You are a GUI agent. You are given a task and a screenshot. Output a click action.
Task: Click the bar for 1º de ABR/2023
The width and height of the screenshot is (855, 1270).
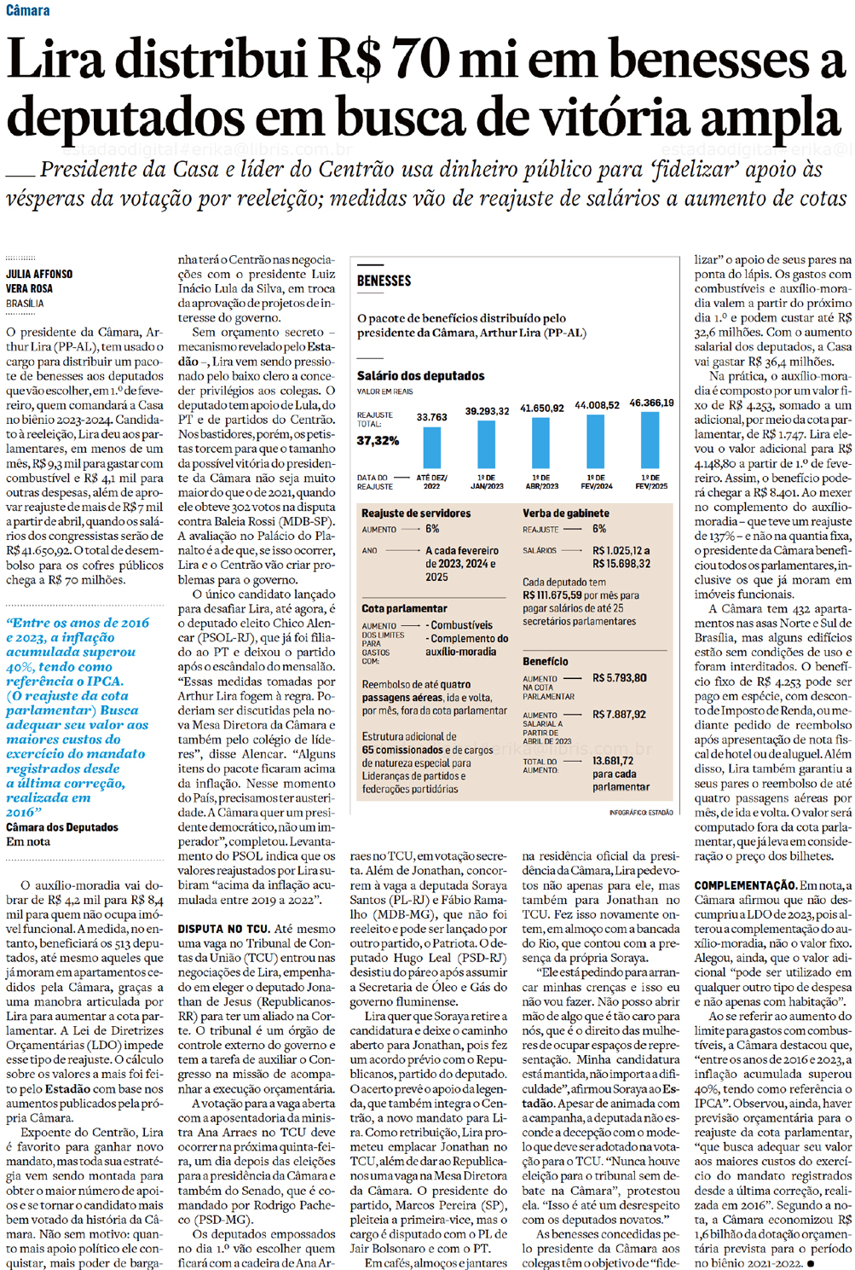coord(540,443)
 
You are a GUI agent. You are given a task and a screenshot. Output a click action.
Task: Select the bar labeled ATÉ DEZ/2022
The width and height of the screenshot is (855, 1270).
coord(431,447)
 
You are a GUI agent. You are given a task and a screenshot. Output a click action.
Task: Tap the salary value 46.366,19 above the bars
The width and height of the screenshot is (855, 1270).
coord(651,403)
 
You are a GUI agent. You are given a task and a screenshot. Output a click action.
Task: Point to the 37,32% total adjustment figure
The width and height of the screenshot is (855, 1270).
coord(378,440)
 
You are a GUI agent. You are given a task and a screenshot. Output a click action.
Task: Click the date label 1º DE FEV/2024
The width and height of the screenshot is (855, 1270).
coord(596,482)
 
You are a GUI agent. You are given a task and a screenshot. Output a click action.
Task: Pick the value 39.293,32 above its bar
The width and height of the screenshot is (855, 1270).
coord(487,411)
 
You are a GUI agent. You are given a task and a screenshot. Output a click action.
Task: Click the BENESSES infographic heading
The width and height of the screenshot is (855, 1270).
coord(384,281)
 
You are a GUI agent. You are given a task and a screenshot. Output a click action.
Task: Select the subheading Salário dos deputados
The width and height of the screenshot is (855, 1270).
coord(420,375)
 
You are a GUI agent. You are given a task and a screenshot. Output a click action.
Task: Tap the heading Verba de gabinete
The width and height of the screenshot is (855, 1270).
coord(565,513)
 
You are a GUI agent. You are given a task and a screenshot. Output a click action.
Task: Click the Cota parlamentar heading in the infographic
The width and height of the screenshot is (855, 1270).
coord(404,608)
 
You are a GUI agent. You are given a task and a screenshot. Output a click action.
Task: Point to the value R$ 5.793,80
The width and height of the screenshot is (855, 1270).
coord(620,678)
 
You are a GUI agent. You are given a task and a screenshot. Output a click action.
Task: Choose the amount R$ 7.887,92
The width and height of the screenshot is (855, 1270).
coord(620,715)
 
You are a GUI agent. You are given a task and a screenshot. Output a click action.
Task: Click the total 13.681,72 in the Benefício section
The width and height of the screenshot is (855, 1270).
coord(613,761)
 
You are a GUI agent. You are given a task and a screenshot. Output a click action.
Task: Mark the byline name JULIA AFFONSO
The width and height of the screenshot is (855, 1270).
coord(39,274)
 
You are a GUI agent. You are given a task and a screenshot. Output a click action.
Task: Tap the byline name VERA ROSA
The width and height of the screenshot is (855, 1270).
coord(29,288)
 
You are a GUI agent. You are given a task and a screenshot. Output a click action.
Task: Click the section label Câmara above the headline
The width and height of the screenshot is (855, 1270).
coord(27,10)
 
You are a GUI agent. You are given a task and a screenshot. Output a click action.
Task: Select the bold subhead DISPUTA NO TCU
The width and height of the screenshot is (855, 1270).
coord(223,929)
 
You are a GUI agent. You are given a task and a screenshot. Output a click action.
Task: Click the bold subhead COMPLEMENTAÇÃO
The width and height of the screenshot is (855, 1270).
coord(745,885)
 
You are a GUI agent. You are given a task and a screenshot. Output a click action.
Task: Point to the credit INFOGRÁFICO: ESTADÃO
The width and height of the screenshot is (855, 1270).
coord(641,813)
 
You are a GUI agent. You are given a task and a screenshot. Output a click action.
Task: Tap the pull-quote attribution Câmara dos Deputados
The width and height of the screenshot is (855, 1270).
coord(62,827)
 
